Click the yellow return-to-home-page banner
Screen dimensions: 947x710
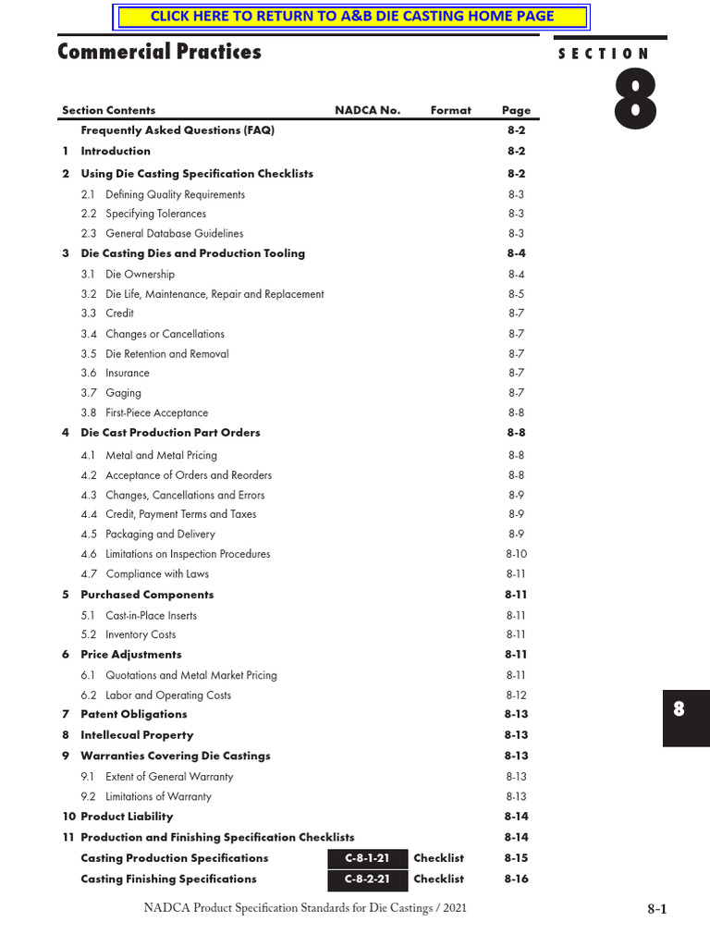351,16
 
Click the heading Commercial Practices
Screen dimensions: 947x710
159,52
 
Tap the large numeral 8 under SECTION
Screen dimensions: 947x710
636,101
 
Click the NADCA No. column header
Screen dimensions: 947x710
367,110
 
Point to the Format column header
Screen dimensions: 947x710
450,110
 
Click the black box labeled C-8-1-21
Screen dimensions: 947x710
367,859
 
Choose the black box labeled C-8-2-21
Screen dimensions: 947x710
367,879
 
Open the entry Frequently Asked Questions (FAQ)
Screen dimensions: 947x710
177,130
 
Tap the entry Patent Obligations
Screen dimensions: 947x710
133,715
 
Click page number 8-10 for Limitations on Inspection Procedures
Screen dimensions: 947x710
516,554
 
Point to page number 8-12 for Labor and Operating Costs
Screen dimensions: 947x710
516,695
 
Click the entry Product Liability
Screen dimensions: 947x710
127,818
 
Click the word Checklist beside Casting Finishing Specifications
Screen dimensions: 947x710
438,879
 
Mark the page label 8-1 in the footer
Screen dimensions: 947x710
656,909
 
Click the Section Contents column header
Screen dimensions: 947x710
108,110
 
